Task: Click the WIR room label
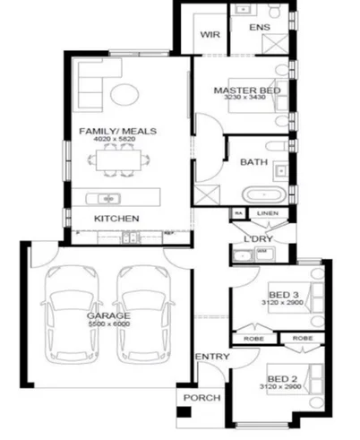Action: [210, 35]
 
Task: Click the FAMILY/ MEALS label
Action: [117, 132]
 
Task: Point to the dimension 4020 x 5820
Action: [117, 140]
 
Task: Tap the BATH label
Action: [254, 162]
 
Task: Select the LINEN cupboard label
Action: [268, 213]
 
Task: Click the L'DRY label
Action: [258, 239]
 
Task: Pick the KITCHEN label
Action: [116, 219]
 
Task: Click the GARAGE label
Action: [108, 315]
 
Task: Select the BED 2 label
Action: [284, 378]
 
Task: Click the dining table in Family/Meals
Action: [116, 161]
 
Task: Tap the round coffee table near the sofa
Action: [125, 93]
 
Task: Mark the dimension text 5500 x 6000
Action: [108, 324]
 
